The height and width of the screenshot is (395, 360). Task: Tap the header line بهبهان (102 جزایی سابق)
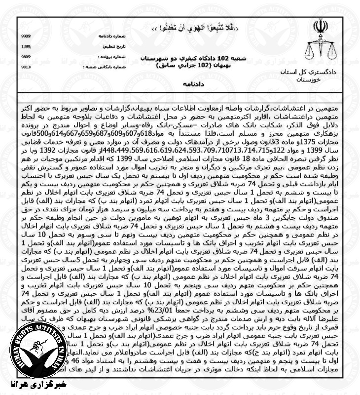point(182,65)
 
